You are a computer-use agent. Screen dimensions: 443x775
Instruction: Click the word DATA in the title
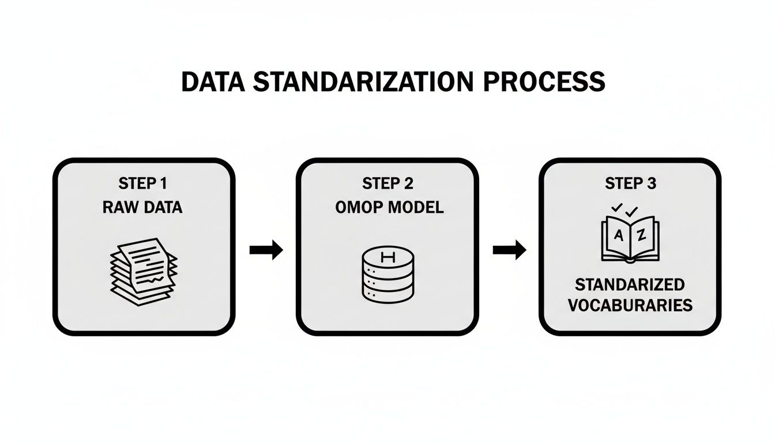pyautogui.click(x=213, y=82)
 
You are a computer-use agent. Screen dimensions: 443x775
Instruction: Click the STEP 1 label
pyautogui.click(x=142, y=184)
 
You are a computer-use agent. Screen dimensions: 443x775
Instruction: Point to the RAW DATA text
pyautogui.click(x=142, y=208)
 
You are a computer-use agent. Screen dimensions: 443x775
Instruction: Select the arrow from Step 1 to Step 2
pyautogui.click(x=266, y=250)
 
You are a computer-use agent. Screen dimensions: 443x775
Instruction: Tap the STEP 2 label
pyautogui.click(x=388, y=184)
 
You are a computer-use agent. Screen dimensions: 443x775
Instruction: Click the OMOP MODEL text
pyautogui.click(x=389, y=208)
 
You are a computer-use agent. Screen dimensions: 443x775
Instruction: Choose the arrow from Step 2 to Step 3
pyautogui.click(x=509, y=250)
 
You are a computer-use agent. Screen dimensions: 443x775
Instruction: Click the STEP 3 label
pyautogui.click(x=630, y=184)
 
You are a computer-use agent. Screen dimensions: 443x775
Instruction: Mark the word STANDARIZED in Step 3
pyautogui.click(x=630, y=284)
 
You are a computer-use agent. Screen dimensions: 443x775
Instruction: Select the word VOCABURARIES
pyautogui.click(x=630, y=305)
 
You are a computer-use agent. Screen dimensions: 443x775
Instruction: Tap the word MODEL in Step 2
pyautogui.click(x=415, y=208)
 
